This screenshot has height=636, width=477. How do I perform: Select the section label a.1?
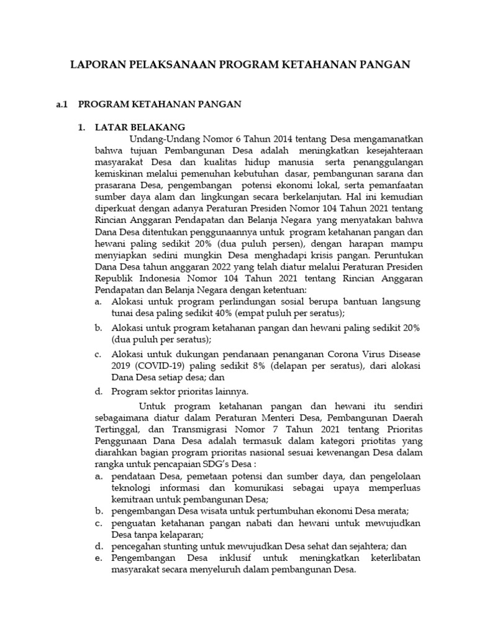point(62,105)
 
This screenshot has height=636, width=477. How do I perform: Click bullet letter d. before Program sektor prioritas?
point(99,392)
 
